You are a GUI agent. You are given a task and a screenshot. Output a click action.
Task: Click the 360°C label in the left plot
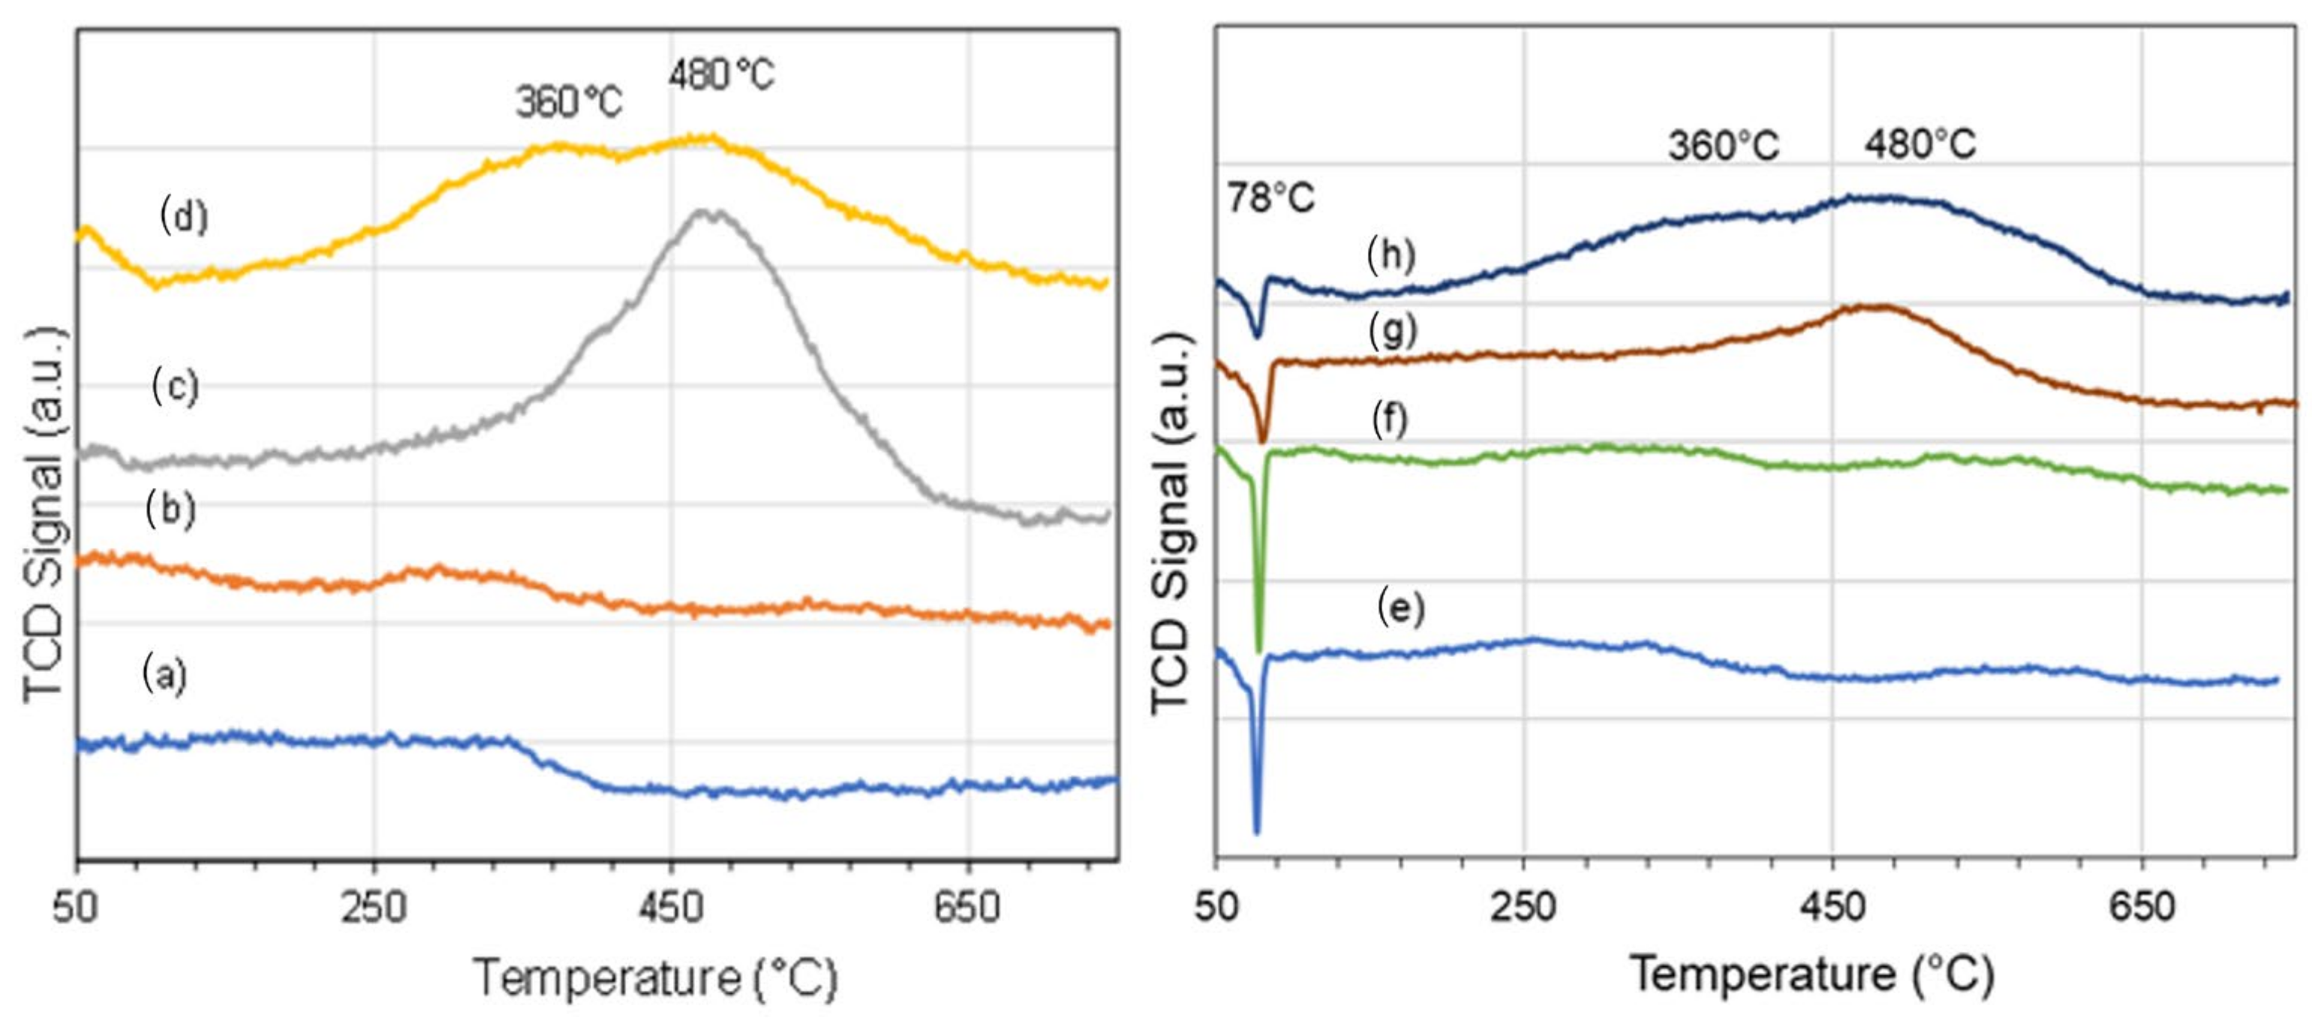pyautogui.click(x=569, y=102)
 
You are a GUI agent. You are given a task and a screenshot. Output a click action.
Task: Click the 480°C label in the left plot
pyautogui.click(x=720, y=74)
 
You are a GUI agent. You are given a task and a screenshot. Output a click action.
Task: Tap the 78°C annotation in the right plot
pyautogui.click(x=1270, y=197)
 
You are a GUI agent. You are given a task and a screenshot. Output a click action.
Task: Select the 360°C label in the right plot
pyautogui.click(x=1723, y=145)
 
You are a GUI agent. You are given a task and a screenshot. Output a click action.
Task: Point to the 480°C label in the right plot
pyautogui.click(x=1920, y=143)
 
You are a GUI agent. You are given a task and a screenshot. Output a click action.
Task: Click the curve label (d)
pyautogui.click(x=184, y=216)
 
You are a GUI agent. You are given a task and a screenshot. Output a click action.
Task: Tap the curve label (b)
pyautogui.click(x=170, y=509)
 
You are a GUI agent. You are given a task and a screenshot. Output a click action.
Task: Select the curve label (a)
pyautogui.click(x=165, y=673)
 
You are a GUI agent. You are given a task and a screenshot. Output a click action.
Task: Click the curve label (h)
pyautogui.click(x=1391, y=255)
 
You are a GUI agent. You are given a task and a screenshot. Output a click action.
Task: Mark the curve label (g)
pyautogui.click(x=1393, y=331)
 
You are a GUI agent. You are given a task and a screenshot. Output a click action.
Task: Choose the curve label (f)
pyautogui.click(x=1391, y=419)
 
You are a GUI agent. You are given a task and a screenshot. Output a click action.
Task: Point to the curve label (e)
pyautogui.click(x=1401, y=608)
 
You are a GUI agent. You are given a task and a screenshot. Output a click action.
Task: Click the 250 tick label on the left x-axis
pyautogui.click(x=374, y=908)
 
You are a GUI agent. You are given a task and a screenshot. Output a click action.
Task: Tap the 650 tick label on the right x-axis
pyautogui.click(x=2142, y=907)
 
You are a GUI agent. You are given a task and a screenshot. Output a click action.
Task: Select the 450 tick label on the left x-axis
pyautogui.click(x=670, y=908)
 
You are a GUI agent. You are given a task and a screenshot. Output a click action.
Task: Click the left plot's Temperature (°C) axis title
pyautogui.click(x=655, y=978)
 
